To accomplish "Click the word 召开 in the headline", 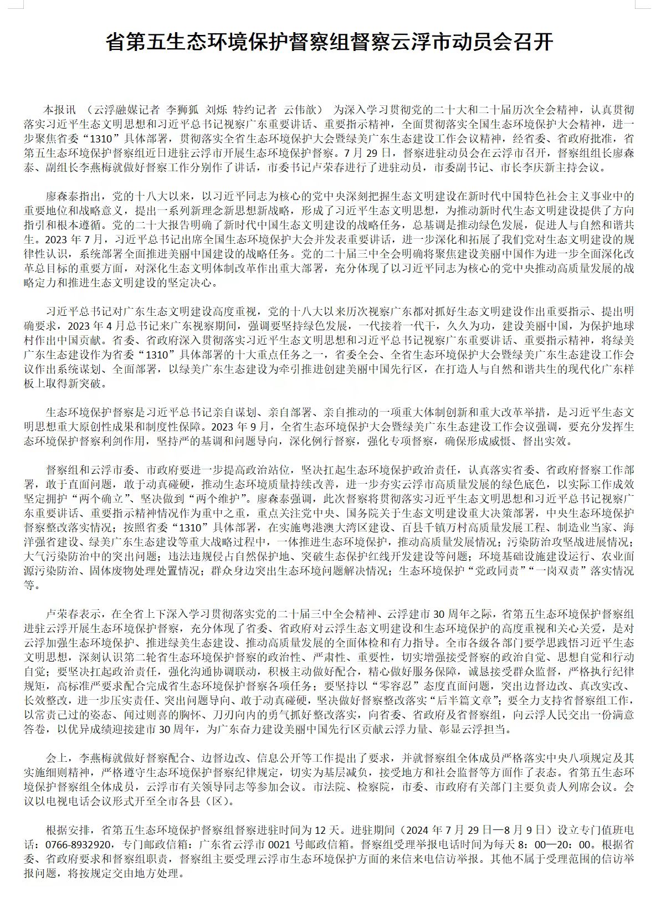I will (x=534, y=42).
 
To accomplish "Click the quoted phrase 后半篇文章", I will (x=470, y=699).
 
